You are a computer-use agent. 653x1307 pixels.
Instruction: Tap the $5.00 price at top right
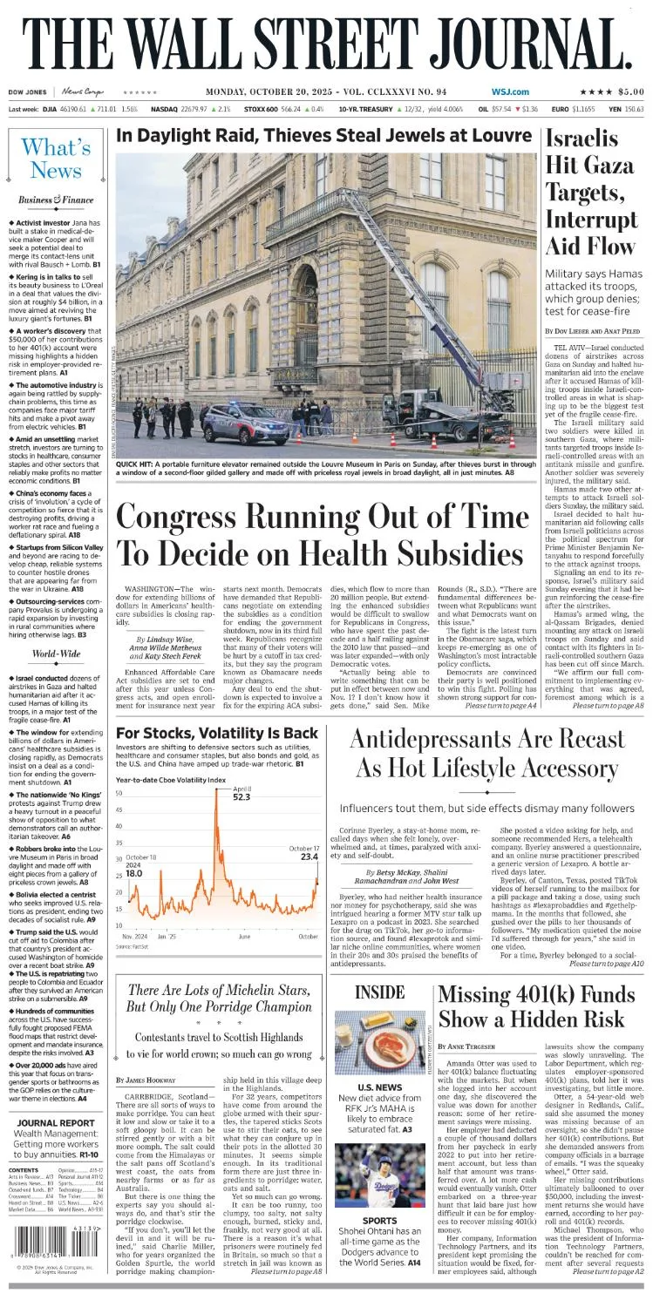626,92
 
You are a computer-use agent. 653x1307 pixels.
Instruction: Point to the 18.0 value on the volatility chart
133,872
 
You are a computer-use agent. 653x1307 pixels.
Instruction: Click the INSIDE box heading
380,992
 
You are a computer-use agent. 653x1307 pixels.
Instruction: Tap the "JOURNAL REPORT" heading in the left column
56,1122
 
